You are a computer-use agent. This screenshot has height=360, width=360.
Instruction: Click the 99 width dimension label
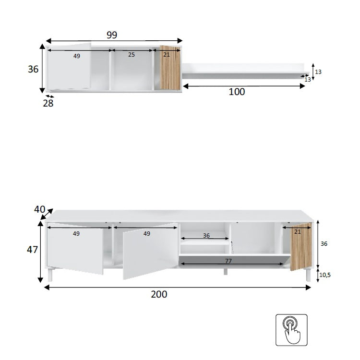112,35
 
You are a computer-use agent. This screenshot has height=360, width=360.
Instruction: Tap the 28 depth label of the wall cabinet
48,103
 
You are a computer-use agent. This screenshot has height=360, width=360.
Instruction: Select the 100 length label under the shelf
237,92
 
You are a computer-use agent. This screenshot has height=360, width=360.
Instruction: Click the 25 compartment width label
132,55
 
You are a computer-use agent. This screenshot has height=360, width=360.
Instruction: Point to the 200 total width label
159,294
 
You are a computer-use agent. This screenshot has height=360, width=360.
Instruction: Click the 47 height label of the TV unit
32,250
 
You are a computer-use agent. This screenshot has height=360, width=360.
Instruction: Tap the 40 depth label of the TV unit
39,209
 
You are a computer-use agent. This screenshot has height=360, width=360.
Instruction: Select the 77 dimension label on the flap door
228,261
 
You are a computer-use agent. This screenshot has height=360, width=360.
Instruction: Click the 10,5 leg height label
325,275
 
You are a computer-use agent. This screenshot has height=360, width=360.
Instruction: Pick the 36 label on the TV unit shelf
206,236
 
